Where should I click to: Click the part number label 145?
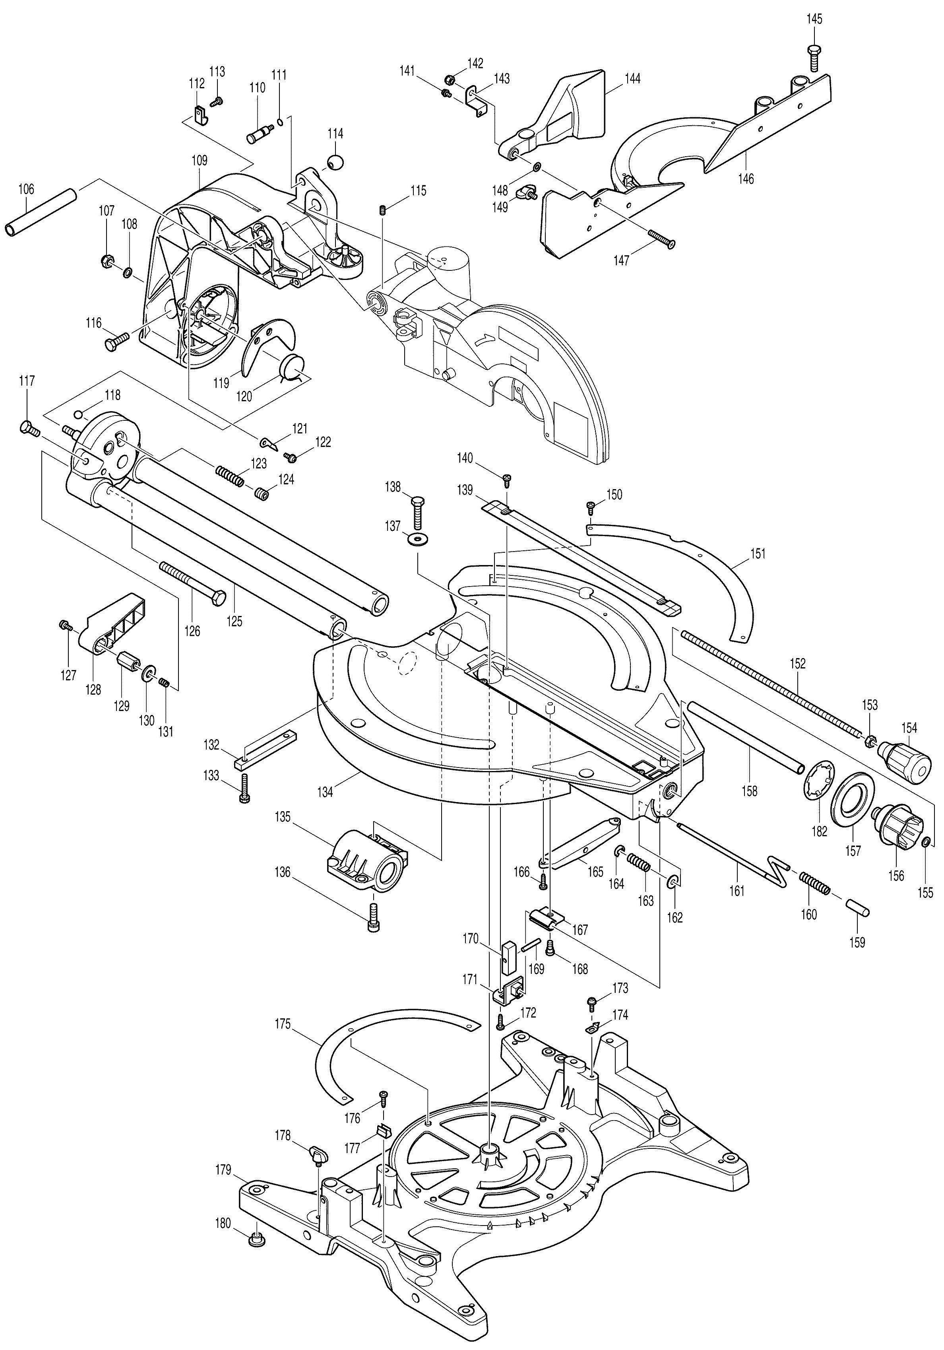814,19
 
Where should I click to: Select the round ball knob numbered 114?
335,162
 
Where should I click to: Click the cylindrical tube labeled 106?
41,212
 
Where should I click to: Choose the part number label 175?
283,1024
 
